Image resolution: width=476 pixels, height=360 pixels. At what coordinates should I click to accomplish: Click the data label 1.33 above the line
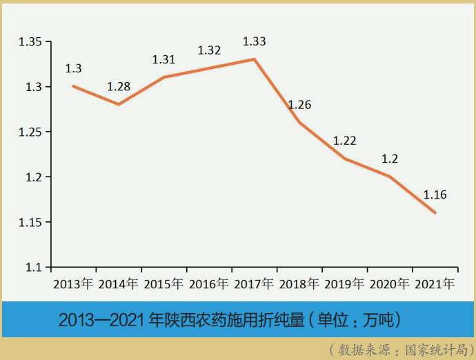click(x=254, y=41)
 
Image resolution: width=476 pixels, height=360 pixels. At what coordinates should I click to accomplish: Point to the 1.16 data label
click(x=435, y=195)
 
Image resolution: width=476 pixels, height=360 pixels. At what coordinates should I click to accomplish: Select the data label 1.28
click(x=119, y=87)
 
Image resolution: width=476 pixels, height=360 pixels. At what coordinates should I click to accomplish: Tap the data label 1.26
click(x=299, y=106)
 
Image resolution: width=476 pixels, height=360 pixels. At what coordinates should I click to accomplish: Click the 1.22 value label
click(x=344, y=141)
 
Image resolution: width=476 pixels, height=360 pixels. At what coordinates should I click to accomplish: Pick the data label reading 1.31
click(x=163, y=60)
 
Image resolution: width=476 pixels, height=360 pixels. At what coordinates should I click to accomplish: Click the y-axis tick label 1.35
click(x=30, y=42)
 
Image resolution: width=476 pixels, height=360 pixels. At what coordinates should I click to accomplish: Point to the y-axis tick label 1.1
click(x=34, y=267)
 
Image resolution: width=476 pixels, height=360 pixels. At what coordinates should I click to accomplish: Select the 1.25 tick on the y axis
click(x=30, y=132)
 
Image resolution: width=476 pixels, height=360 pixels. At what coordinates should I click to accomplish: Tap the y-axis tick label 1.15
click(x=30, y=222)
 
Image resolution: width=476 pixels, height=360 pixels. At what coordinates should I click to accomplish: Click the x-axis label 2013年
click(x=73, y=283)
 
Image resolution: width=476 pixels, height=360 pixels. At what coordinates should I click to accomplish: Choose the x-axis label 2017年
click(x=254, y=283)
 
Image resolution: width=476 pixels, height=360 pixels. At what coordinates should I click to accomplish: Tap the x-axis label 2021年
click(x=435, y=283)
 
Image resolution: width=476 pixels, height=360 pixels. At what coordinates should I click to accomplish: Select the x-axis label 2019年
click(x=344, y=283)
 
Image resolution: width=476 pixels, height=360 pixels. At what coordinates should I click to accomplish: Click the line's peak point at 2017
click(x=255, y=59)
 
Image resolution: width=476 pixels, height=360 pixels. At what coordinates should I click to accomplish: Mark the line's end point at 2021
click(x=435, y=212)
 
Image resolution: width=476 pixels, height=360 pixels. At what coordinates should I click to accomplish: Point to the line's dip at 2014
click(x=119, y=104)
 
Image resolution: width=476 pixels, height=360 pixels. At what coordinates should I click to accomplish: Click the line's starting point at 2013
click(x=73, y=86)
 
